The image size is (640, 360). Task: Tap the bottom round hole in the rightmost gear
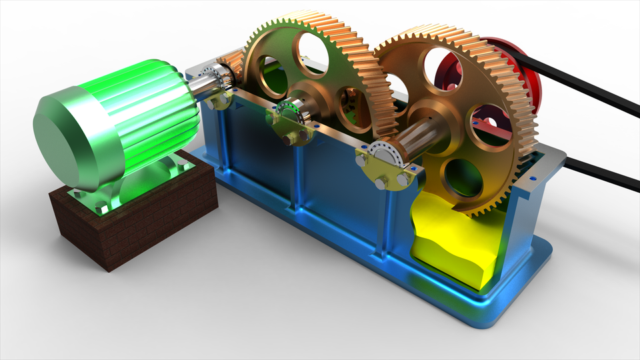pos(460,177)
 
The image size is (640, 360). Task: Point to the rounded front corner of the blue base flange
pos(497,320)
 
